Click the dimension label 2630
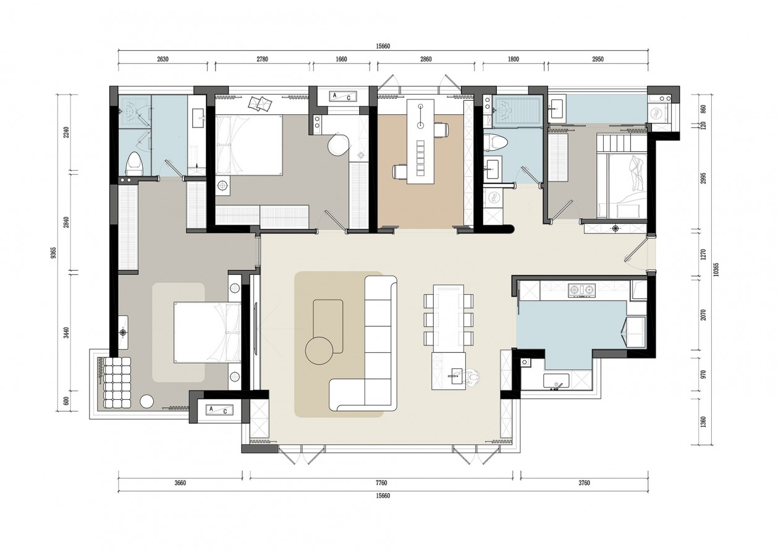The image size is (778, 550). point(163,59)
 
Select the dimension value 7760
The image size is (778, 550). point(381,483)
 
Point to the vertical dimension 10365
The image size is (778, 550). point(716,269)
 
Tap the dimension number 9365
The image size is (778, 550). point(53,253)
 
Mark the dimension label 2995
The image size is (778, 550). point(703,178)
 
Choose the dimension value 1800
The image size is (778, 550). point(514,59)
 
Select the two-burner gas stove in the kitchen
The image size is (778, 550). point(581,290)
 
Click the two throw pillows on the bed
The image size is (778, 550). point(261,104)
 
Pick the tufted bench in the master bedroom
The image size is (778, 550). point(117,383)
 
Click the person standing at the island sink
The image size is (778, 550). point(471,376)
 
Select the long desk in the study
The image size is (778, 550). point(421,142)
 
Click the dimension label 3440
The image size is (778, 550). point(67,332)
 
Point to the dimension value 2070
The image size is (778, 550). point(703,315)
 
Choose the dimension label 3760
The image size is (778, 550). point(584,483)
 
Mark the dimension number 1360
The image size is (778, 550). point(703,422)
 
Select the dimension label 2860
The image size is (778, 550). point(426,59)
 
